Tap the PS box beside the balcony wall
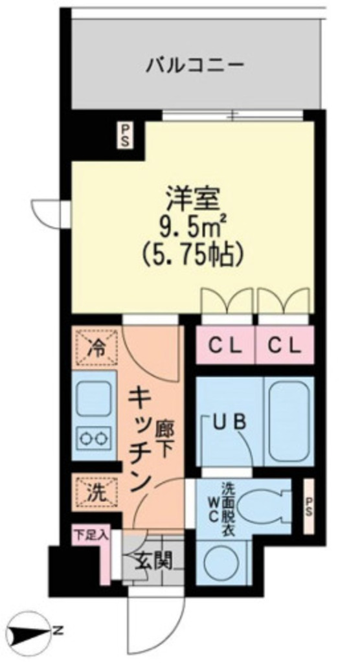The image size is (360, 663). coord(125,135)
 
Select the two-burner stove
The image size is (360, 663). coord(93,438)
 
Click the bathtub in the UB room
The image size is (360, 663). coord(289,421)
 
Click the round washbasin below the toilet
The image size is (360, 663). coord(224,563)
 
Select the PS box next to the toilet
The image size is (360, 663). coord(308,506)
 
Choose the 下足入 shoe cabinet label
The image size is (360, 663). coord(91,534)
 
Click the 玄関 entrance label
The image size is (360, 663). coord(153,562)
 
